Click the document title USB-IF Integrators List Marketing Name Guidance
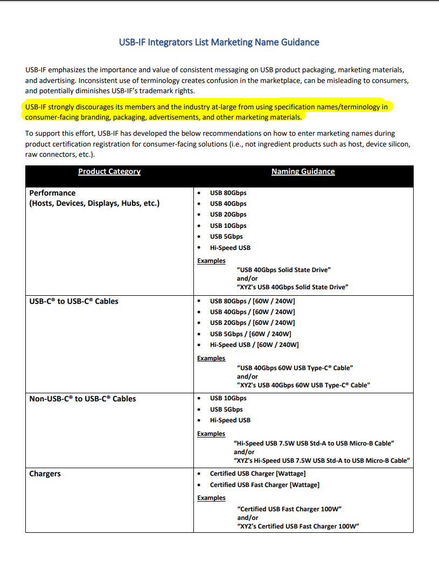click(219, 42)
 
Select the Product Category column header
click(109, 171)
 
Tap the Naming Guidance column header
click(303, 171)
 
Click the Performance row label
click(52, 193)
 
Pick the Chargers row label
click(45, 474)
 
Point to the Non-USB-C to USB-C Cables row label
click(82, 399)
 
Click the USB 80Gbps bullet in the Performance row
click(228, 193)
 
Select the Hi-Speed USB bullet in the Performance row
click(230, 248)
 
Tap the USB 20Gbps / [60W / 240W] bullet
click(252, 323)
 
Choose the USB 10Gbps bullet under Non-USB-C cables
click(228, 398)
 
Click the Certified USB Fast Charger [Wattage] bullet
click(264, 485)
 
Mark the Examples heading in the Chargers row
click(211, 498)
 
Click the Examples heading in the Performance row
click(211, 261)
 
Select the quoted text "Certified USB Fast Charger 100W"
click(289, 509)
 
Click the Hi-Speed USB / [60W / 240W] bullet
click(254, 345)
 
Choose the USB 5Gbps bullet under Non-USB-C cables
click(226, 409)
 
